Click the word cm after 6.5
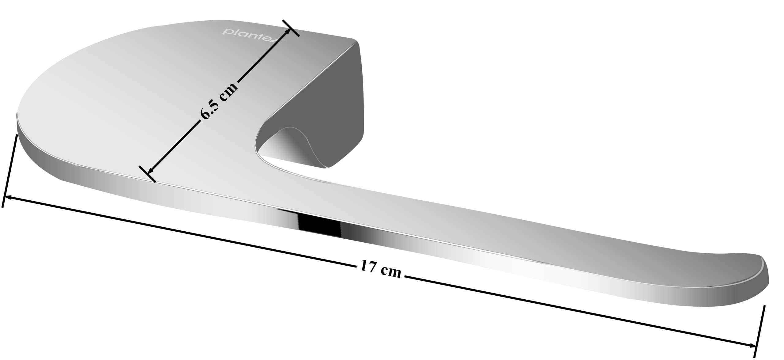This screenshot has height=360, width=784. (x=230, y=89)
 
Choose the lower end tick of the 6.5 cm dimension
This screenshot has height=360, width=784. (x=147, y=174)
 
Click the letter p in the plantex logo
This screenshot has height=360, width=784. (x=226, y=32)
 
